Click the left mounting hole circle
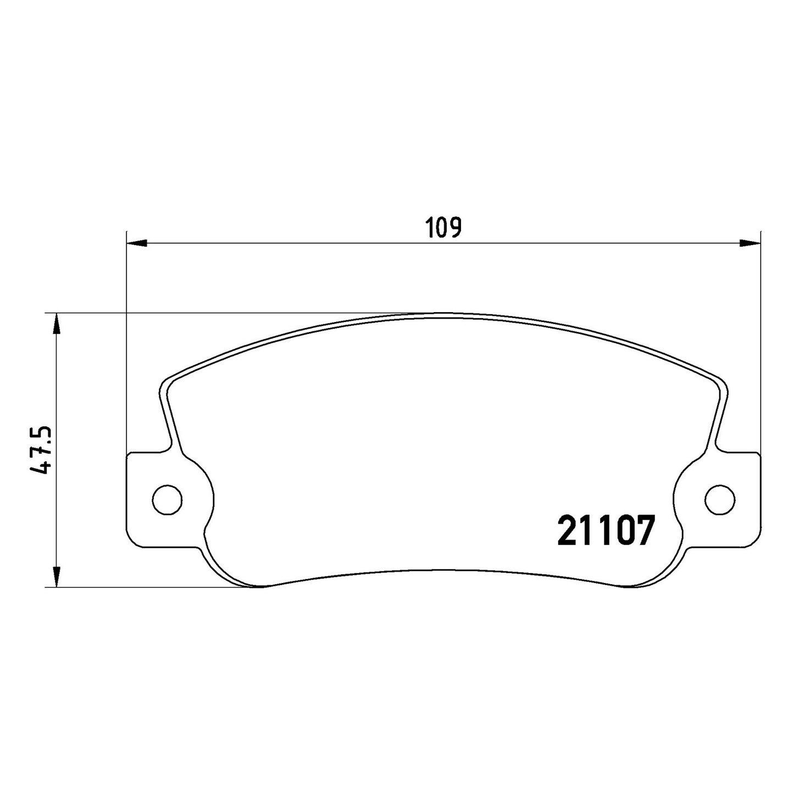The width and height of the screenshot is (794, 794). click(x=167, y=499)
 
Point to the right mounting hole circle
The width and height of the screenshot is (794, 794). click(x=720, y=499)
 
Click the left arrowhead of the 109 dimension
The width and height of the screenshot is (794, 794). click(x=137, y=243)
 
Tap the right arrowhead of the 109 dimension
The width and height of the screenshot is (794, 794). click(x=750, y=243)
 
